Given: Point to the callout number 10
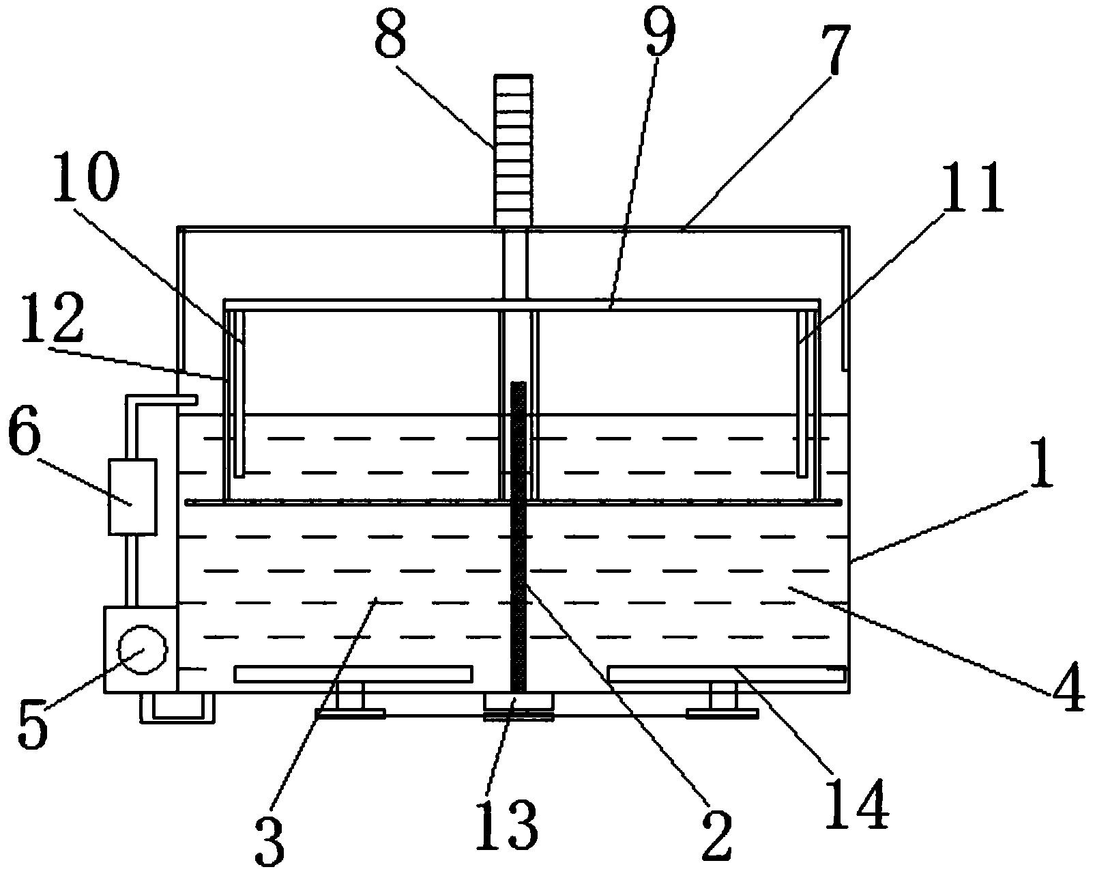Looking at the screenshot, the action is pos(87,177).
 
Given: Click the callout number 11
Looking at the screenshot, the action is pos(974,189).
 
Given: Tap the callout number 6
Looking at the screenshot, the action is pos(24,429).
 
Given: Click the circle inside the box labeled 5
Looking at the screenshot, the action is pos(143,650).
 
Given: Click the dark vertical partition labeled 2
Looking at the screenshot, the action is pos(518,537).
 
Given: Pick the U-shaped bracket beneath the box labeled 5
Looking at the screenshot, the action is pos(177,707).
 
